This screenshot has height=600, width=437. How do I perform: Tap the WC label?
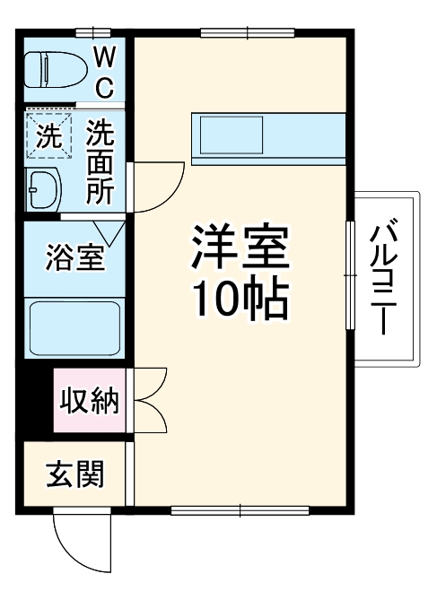pyautogui.click(x=105, y=73)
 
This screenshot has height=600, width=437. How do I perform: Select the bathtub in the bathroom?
pyautogui.click(x=75, y=330)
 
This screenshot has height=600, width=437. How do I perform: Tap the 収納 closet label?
pyautogui.click(x=91, y=400)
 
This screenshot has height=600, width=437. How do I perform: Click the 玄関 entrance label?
pyautogui.click(x=74, y=473)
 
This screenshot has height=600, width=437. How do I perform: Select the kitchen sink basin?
pyautogui.click(x=232, y=137)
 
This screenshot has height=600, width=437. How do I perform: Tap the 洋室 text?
pyautogui.click(x=240, y=245)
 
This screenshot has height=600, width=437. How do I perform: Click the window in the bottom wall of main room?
pyautogui.click(x=240, y=512)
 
